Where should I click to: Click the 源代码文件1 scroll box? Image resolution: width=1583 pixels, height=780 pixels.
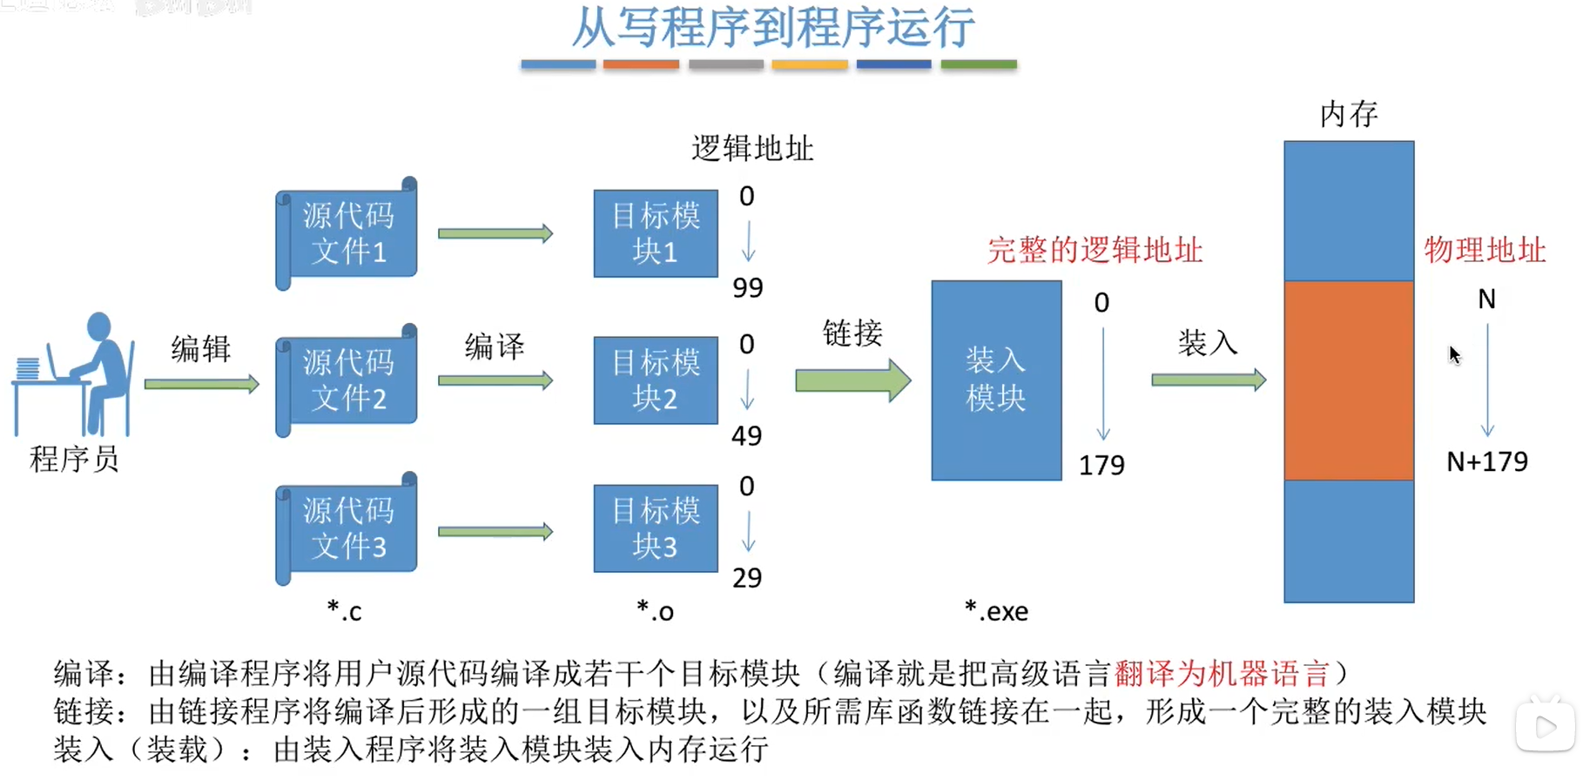tap(347, 233)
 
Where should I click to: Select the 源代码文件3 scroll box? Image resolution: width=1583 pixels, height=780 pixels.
tap(347, 528)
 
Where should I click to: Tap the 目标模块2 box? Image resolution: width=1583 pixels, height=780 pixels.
tap(656, 380)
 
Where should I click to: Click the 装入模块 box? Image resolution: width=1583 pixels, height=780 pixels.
tap(996, 380)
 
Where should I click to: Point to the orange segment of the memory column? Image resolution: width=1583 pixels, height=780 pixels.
tap(1348, 380)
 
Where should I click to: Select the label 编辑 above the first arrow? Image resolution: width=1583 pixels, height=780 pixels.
tap(201, 348)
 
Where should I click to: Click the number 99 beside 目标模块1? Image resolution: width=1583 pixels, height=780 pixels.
tap(747, 287)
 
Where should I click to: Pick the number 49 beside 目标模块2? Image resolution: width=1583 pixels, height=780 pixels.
tap(746, 435)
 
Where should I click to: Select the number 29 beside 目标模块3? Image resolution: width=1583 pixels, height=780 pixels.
tap(747, 577)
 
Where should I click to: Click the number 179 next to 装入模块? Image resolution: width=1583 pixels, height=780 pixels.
tap(1101, 466)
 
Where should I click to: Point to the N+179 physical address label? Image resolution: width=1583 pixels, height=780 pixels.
tap(1486, 461)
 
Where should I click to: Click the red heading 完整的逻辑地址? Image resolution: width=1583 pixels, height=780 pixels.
tap(1095, 251)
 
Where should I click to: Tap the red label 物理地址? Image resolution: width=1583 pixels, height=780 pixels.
tap(1485, 251)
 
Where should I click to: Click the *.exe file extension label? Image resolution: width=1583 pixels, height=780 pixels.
tap(996, 611)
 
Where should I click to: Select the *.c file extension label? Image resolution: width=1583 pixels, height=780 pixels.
tap(344, 611)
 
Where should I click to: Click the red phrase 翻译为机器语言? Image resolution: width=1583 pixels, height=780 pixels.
tap(1222, 674)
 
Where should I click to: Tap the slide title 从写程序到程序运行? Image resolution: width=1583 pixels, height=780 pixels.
tap(772, 28)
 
